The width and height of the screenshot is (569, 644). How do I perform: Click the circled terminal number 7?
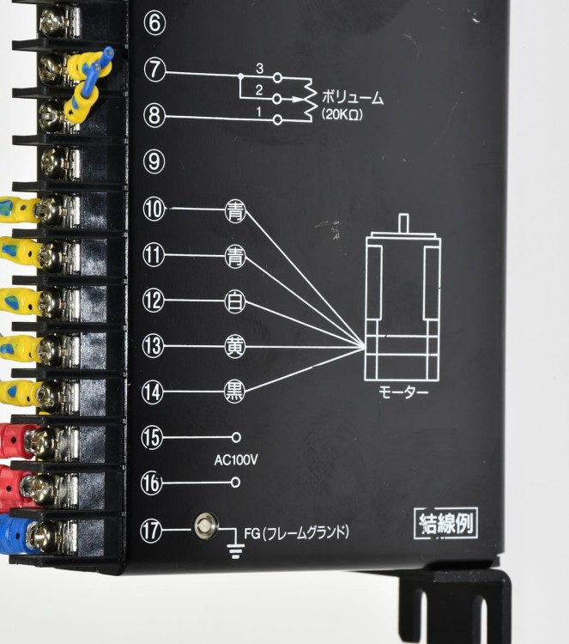154,70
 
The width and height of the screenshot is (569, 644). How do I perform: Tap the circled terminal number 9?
154,161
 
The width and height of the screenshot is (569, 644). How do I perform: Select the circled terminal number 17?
151,531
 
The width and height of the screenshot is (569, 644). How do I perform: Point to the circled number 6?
154,23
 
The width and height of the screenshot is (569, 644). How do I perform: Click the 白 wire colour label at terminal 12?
235,302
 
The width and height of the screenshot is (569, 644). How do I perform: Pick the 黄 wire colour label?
235,347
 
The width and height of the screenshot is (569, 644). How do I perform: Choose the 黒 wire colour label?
234,392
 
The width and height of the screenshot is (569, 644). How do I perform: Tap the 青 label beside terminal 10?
235,211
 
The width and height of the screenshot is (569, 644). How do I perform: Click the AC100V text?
236,460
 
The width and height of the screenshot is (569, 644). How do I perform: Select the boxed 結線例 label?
445,523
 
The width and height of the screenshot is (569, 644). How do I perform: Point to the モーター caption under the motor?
403,392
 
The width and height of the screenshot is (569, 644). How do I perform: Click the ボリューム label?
352,98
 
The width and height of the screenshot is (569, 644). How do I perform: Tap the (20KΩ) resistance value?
342,114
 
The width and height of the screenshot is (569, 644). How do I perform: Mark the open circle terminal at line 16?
235,483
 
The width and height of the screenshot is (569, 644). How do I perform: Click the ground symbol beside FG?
235,550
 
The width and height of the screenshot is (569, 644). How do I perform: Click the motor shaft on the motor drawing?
404,223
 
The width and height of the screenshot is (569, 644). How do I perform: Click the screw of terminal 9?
55,161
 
